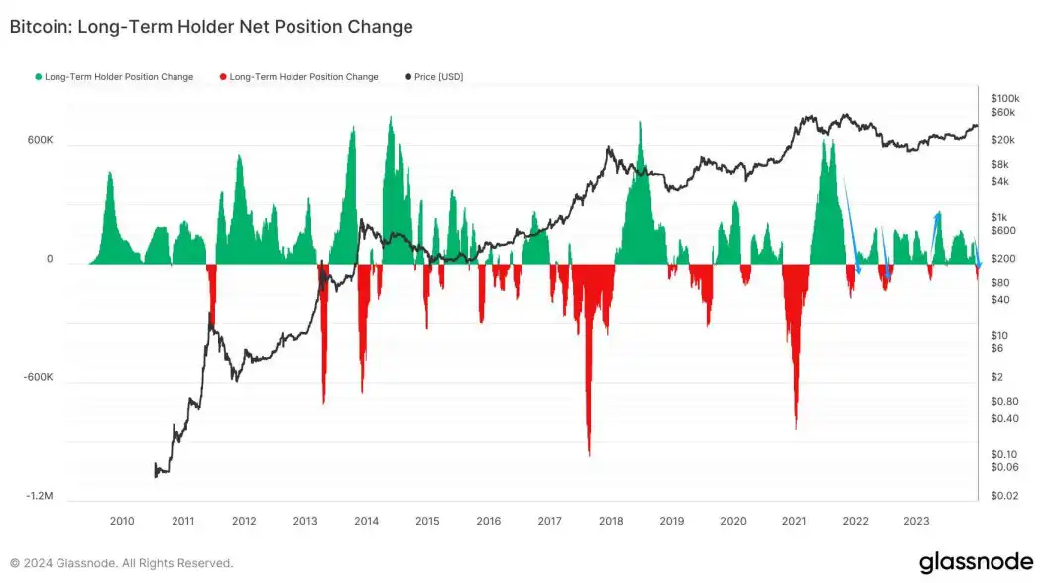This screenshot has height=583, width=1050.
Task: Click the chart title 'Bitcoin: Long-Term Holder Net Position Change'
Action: (x=211, y=28)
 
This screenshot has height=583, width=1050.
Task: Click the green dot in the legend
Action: (x=39, y=77)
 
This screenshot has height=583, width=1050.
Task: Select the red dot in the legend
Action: (x=223, y=77)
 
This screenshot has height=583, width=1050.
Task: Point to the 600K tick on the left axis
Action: (x=40, y=141)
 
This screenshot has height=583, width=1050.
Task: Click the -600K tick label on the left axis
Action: (x=38, y=379)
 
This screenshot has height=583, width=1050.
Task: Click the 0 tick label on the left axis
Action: (x=50, y=260)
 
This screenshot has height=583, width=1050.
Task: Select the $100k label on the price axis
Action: (x=1004, y=99)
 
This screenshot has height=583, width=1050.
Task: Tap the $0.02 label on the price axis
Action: (x=1003, y=495)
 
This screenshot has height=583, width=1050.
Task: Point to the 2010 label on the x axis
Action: (x=122, y=521)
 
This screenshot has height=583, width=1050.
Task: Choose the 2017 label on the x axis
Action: (x=549, y=521)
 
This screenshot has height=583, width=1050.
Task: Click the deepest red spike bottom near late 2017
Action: (x=589, y=455)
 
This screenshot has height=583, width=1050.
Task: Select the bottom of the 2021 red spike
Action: (x=796, y=428)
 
